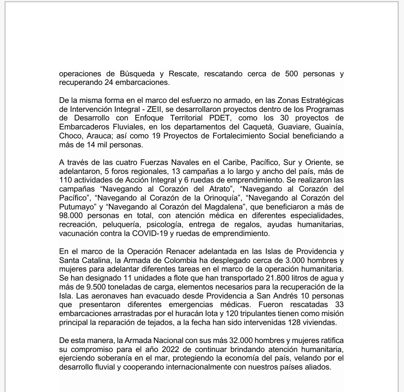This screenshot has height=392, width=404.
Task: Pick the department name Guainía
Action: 329,128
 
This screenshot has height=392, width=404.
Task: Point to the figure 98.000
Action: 72,215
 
